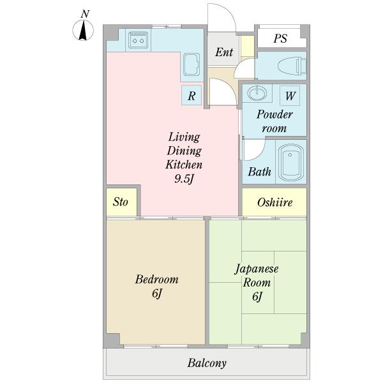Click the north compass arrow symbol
(83, 31)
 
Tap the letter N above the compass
(85, 14)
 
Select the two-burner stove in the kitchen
(138, 40)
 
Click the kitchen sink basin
(191, 64)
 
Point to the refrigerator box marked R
(191, 95)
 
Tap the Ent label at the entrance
(224, 52)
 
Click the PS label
(280, 38)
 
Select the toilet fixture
(292, 66)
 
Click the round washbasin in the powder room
(257, 93)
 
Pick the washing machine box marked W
(290, 96)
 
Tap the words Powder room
(274, 121)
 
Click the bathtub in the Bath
(290, 163)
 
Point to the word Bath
(259, 172)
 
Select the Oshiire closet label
(274, 202)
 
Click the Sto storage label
(120, 202)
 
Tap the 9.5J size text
(184, 179)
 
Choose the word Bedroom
(156, 279)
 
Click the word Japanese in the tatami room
(257, 269)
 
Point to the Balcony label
(207, 363)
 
